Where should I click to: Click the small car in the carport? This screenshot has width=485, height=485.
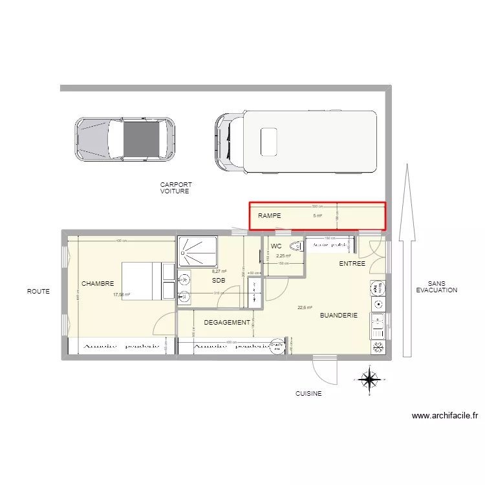pos(124,139)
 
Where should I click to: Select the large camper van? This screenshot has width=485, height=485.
pos(296,142)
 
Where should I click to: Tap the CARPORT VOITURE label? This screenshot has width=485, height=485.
pos(176,188)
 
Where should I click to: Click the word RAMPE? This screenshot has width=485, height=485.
pos(270,216)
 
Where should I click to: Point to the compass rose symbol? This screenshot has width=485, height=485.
pos(369,380)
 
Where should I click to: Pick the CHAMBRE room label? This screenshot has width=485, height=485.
pos(98,284)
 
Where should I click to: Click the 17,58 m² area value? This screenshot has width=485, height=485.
pos(122,295)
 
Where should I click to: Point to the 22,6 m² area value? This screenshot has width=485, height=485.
pos(305,308)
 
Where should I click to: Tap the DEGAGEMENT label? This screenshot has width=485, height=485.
pos(227,322)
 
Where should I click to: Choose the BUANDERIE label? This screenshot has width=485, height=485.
pos(339,316)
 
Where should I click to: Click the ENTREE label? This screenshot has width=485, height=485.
pos(352,264)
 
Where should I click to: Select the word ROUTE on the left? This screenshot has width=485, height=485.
pos(38,292)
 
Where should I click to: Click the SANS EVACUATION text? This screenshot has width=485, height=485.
pos(442,287)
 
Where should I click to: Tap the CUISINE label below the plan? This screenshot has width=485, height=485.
pos(308,393)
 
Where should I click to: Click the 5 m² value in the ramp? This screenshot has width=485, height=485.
pos(318,216)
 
